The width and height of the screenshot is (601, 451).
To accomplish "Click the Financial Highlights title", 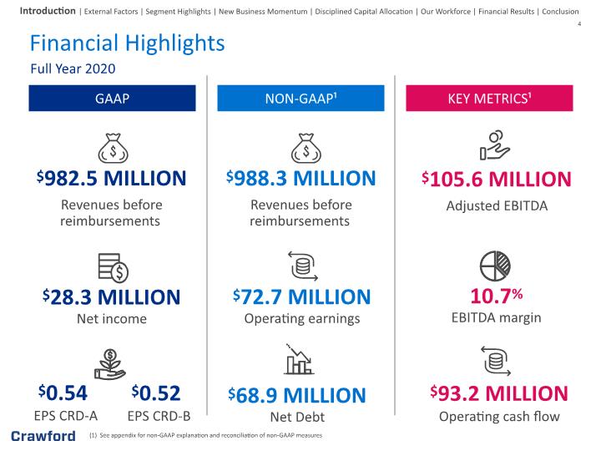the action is tap(127, 43).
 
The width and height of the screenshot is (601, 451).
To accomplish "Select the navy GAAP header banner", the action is tap(112, 99).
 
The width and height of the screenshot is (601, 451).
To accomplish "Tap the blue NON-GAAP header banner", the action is tap(300, 99).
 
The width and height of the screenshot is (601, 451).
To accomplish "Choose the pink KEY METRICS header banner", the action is tap(489, 99).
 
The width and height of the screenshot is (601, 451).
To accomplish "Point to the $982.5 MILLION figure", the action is tap(112, 179).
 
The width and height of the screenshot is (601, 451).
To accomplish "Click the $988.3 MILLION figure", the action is tap(300, 179).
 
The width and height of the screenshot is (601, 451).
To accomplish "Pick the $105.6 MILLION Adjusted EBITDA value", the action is tap(497, 179).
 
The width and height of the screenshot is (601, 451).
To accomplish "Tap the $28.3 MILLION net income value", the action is tap(112, 297).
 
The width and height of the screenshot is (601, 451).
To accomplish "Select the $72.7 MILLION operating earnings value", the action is tap(301, 296).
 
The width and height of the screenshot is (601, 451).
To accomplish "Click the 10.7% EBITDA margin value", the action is tap(497, 296).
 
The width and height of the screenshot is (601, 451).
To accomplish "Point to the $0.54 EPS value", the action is tap(63, 393).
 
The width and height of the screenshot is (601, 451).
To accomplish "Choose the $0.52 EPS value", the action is tap(156, 393).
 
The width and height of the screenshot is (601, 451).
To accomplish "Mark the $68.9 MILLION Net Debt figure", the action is tap(297, 395).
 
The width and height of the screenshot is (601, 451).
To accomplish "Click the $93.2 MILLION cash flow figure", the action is tap(499, 393).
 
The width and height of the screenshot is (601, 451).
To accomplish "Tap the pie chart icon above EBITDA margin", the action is tap(495, 266).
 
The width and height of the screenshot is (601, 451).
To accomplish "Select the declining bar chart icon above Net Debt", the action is tap(299, 359).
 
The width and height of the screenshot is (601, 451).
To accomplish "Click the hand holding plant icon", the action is tap(110, 364).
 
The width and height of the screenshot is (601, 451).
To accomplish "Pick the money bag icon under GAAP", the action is tap(113, 148).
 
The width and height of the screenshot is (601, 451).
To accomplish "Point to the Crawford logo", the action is tap(43, 436).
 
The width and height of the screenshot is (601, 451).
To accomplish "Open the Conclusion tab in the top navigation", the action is tap(560, 12).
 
